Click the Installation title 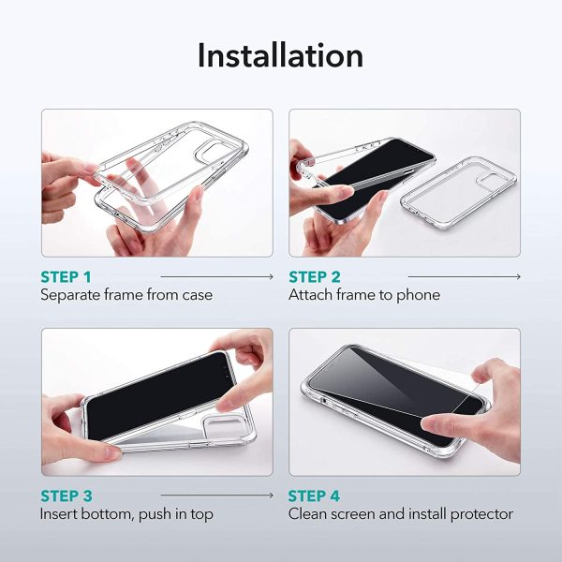click(x=280, y=55)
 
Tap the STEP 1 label click(x=67, y=276)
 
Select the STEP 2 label click(x=316, y=276)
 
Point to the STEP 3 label click(x=67, y=495)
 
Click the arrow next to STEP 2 click(x=466, y=277)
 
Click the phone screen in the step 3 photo click(x=155, y=398)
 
